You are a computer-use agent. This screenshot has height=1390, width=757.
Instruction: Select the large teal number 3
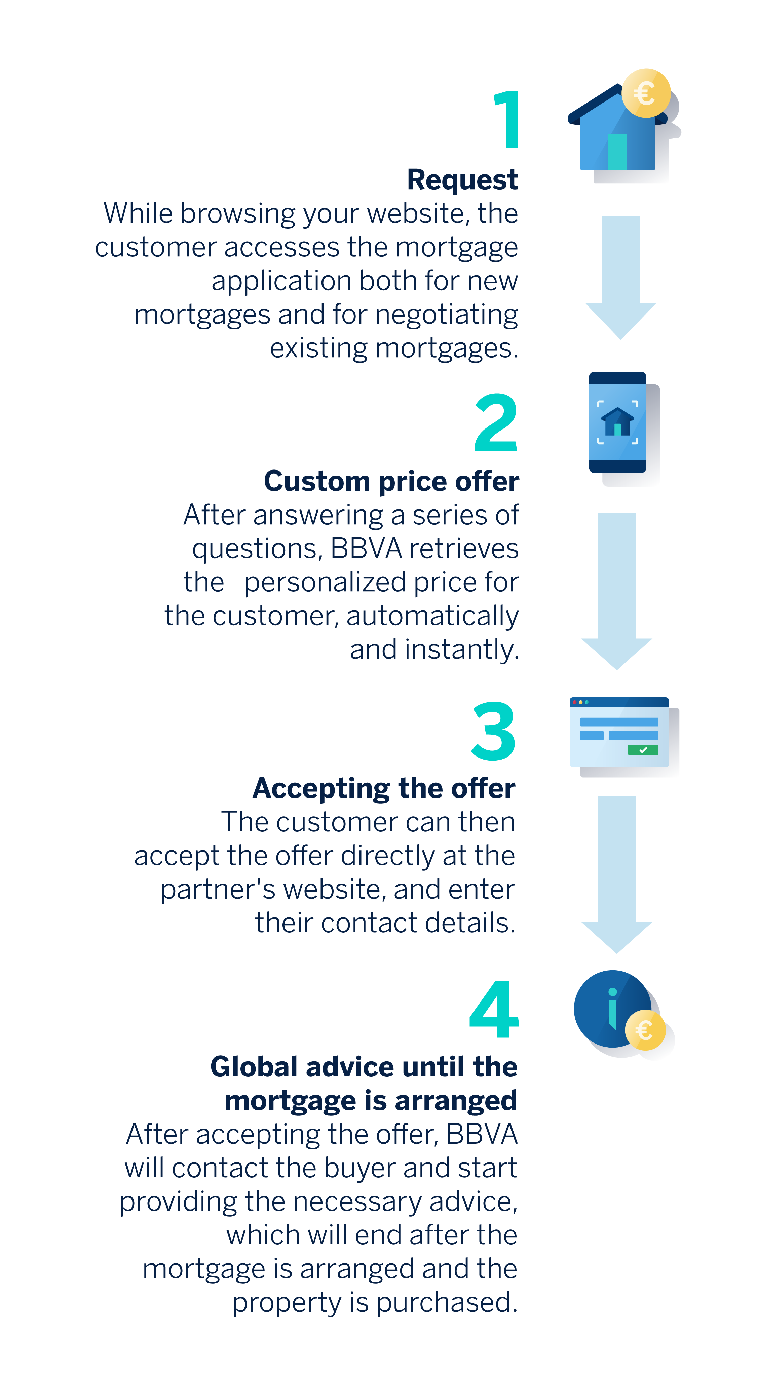(x=493, y=731)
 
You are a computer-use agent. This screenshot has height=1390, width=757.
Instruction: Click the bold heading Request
(x=462, y=180)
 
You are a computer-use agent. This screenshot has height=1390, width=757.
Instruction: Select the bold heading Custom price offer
(x=391, y=481)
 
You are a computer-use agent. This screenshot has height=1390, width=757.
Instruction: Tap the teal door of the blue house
(x=617, y=152)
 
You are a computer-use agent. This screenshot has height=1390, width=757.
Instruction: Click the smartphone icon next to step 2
(x=618, y=422)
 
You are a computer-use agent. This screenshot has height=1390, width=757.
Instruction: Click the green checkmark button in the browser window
(x=643, y=749)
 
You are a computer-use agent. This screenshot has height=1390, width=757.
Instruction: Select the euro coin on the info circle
(x=645, y=1031)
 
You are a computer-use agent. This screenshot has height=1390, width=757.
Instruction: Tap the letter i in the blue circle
(x=612, y=1008)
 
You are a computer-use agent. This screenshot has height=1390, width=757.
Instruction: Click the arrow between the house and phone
(x=621, y=278)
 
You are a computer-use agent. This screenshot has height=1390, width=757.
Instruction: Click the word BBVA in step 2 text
(x=366, y=549)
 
